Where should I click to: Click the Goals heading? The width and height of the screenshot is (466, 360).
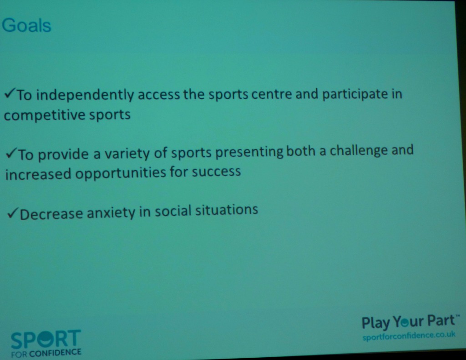26,25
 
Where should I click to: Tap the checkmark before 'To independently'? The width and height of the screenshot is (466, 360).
10,94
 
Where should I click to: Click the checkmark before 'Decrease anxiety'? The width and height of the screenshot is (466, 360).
13,213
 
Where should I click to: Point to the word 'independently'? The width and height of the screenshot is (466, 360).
85,95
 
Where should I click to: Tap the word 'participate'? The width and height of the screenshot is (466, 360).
355,94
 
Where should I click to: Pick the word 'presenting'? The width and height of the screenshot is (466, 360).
249,152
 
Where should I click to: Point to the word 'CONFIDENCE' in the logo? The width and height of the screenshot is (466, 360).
55,353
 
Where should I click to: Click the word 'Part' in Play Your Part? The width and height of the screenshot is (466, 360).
441,321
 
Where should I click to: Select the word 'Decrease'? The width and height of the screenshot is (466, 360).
51,214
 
